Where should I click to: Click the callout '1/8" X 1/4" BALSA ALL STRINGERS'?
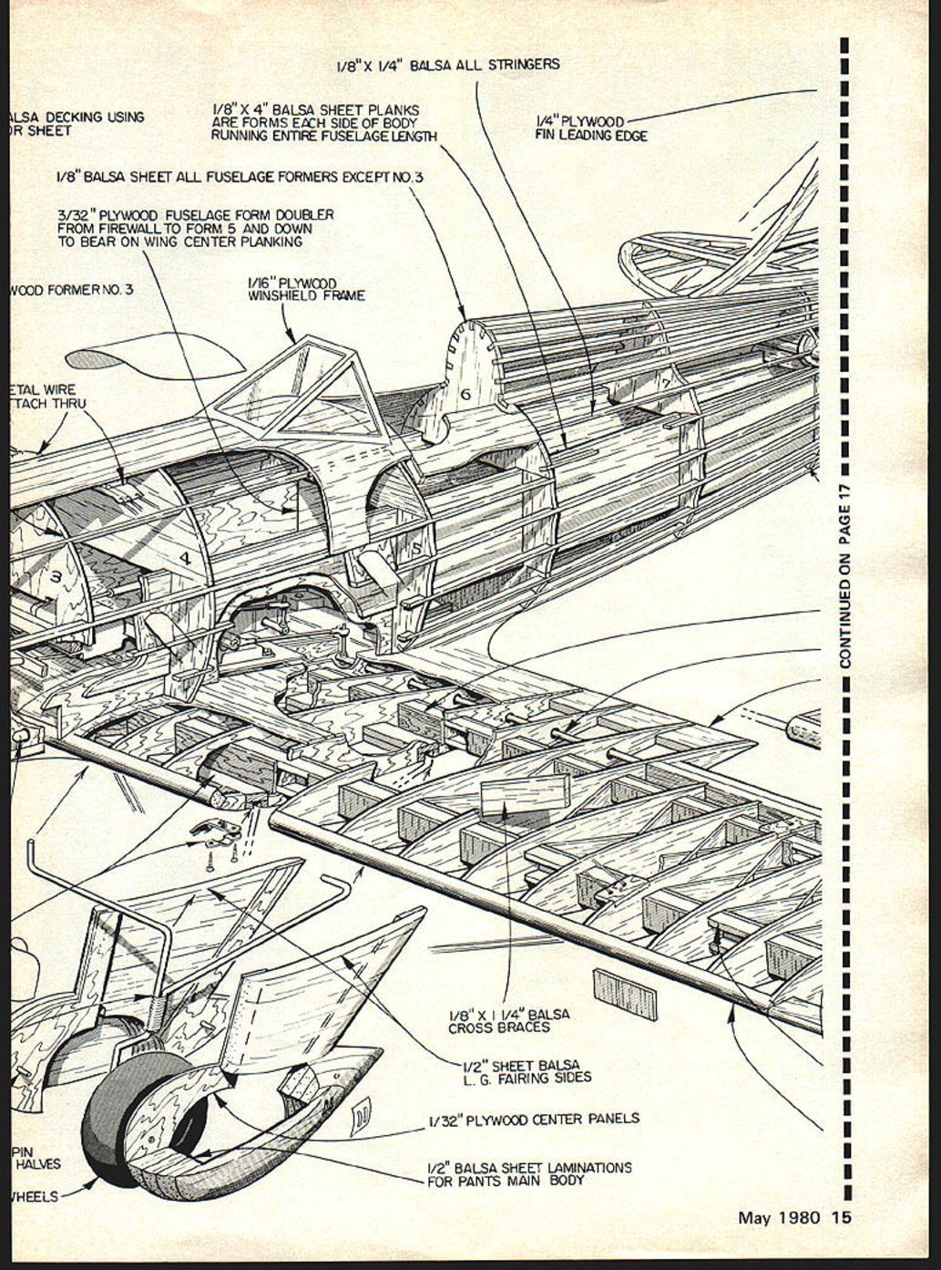447,66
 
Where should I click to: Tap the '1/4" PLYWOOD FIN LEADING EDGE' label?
590,129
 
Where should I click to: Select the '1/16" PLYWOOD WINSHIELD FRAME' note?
305,289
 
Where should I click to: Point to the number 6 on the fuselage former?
465,394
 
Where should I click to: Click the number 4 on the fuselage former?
185,557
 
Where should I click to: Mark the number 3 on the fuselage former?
56,576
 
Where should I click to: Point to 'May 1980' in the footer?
778,1218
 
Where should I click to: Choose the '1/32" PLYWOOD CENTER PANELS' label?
534,1119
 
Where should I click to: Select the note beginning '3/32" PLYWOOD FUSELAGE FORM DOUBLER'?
195,228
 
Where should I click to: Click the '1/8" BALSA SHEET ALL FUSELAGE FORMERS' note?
239,177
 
